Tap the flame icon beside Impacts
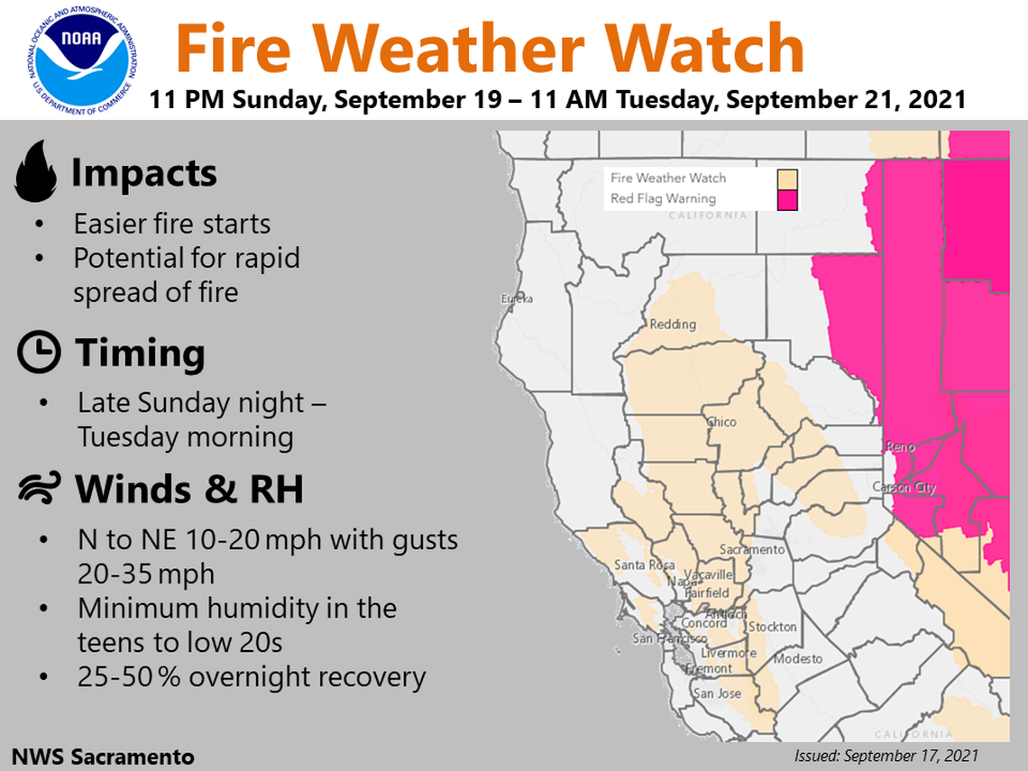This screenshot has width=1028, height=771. click(x=35, y=174)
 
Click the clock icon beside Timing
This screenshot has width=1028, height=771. click(x=39, y=353)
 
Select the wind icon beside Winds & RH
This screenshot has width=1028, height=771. click(x=39, y=489)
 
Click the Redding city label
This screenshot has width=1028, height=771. click(x=673, y=325)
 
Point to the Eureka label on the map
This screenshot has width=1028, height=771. click(x=518, y=298)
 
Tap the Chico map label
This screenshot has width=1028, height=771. click(x=721, y=422)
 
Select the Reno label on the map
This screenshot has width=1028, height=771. click(x=900, y=446)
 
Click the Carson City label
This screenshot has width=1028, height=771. click(x=904, y=488)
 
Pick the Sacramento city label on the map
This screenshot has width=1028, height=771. click(x=752, y=550)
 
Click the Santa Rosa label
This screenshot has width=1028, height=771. click(x=644, y=565)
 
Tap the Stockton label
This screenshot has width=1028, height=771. click(x=772, y=627)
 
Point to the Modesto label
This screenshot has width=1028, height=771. click(x=798, y=659)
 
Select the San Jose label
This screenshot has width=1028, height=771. click(x=717, y=693)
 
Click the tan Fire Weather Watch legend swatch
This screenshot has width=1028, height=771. click(x=788, y=179)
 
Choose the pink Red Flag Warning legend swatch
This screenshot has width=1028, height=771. click(x=788, y=199)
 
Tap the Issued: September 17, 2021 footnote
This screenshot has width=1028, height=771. click(x=886, y=756)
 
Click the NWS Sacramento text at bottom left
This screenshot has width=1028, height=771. click(x=103, y=756)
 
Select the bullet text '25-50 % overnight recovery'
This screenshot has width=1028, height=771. click(x=251, y=676)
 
